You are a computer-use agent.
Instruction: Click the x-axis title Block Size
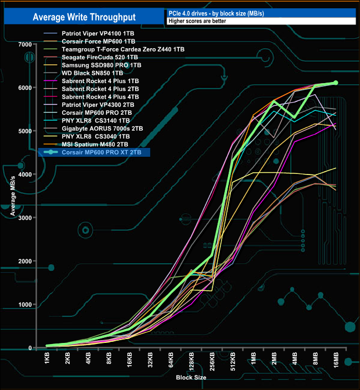click(x=192, y=377)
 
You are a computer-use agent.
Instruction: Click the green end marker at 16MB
click(x=336, y=83)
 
